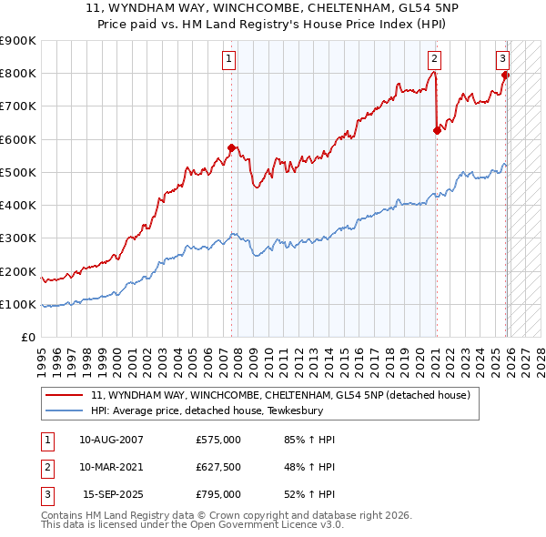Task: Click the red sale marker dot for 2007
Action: (x=231, y=147)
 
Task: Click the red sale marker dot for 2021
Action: (x=437, y=130)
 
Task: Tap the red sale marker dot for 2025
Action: (x=505, y=75)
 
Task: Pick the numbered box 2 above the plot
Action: (x=434, y=59)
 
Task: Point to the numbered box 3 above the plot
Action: (x=502, y=59)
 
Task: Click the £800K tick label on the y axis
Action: (x=17, y=74)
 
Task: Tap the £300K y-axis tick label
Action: (x=17, y=238)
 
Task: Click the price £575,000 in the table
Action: (x=218, y=440)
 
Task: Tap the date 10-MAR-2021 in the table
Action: (x=111, y=467)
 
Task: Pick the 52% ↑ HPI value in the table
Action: (x=309, y=494)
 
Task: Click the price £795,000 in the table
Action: (x=218, y=494)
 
